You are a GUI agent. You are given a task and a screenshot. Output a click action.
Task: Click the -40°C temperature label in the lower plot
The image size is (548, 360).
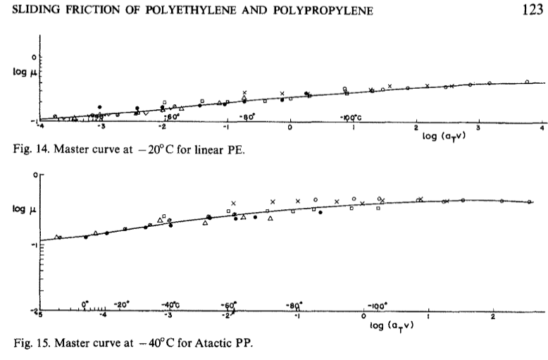point(172,304)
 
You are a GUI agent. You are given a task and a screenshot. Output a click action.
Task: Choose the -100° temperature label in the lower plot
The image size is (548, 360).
point(378,305)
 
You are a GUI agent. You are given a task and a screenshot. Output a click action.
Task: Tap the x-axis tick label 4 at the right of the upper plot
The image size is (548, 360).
point(542,129)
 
